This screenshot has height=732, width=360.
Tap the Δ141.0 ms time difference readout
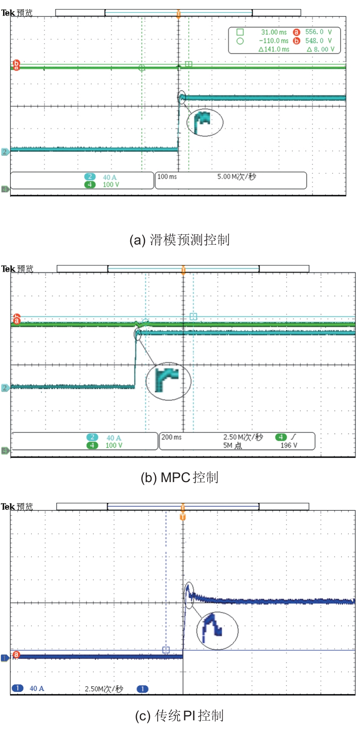[274, 49]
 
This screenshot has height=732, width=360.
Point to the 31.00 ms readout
[274, 32]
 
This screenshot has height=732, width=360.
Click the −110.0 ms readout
[274, 41]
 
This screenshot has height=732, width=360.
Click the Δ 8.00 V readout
[320, 49]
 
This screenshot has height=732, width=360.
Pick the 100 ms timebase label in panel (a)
[167, 177]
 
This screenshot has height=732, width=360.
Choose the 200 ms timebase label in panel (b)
[171, 437]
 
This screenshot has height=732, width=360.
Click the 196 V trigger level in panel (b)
[289, 445]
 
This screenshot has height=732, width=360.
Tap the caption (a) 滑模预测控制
[179, 240]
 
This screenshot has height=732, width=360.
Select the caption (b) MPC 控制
[179, 477]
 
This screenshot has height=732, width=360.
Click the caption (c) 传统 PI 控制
[179, 716]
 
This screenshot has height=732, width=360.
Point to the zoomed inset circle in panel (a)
[205, 122]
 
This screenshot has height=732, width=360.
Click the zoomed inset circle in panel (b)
[168, 381]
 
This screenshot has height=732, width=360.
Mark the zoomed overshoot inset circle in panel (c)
[217, 631]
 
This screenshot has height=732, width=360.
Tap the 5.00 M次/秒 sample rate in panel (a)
[237, 177]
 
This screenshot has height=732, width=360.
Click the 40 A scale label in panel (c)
[37, 688]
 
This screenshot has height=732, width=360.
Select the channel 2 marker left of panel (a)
[5, 151]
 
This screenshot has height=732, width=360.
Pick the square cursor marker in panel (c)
[166, 650]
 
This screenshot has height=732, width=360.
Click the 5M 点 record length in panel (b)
[232, 445]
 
